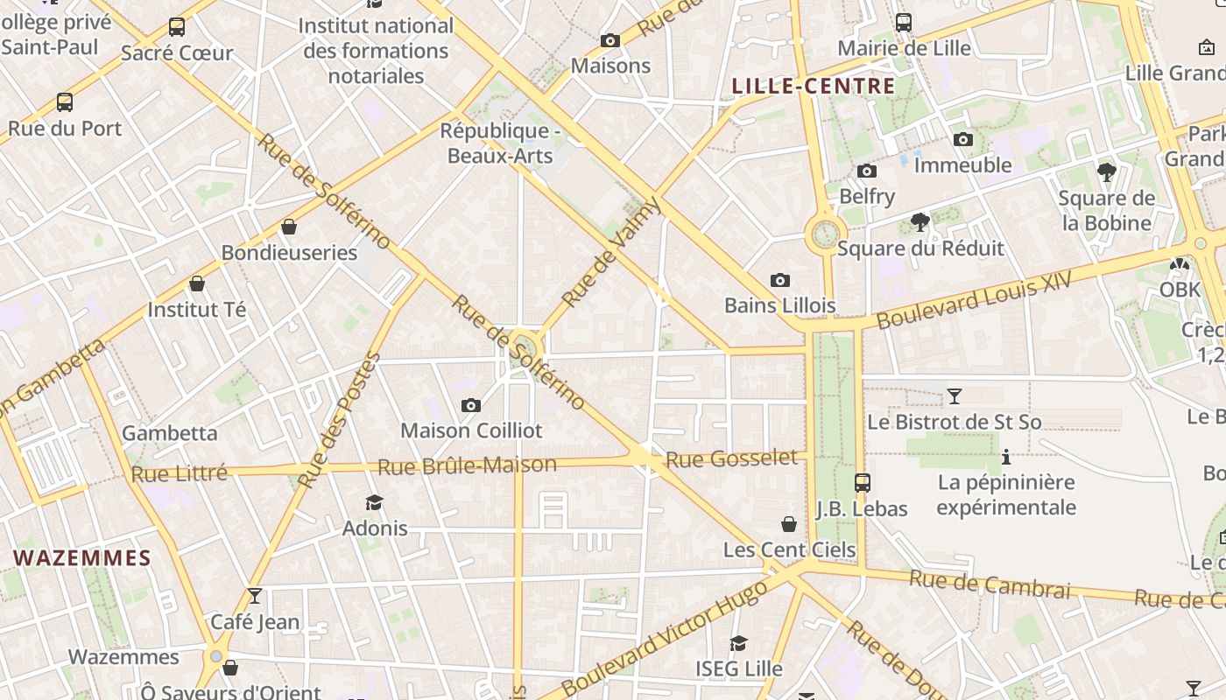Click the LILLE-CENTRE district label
[813, 86]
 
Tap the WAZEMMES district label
[82, 557]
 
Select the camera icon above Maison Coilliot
[471, 405]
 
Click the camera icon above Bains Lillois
[779, 280]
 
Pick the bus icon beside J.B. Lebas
[863, 482]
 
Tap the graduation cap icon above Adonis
[375, 502]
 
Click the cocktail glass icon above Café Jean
[255, 596]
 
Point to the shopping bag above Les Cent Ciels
[789, 524]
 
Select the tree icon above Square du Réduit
[919, 222]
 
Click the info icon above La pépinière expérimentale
[1006, 457]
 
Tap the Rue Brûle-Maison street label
[469, 465]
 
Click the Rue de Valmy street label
[610, 253]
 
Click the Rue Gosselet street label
[731, 458]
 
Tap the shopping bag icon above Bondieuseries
[289, 227]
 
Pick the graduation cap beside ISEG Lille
[739, 644]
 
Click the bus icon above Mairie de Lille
[904, 23]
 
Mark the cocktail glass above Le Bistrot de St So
[955, 396]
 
